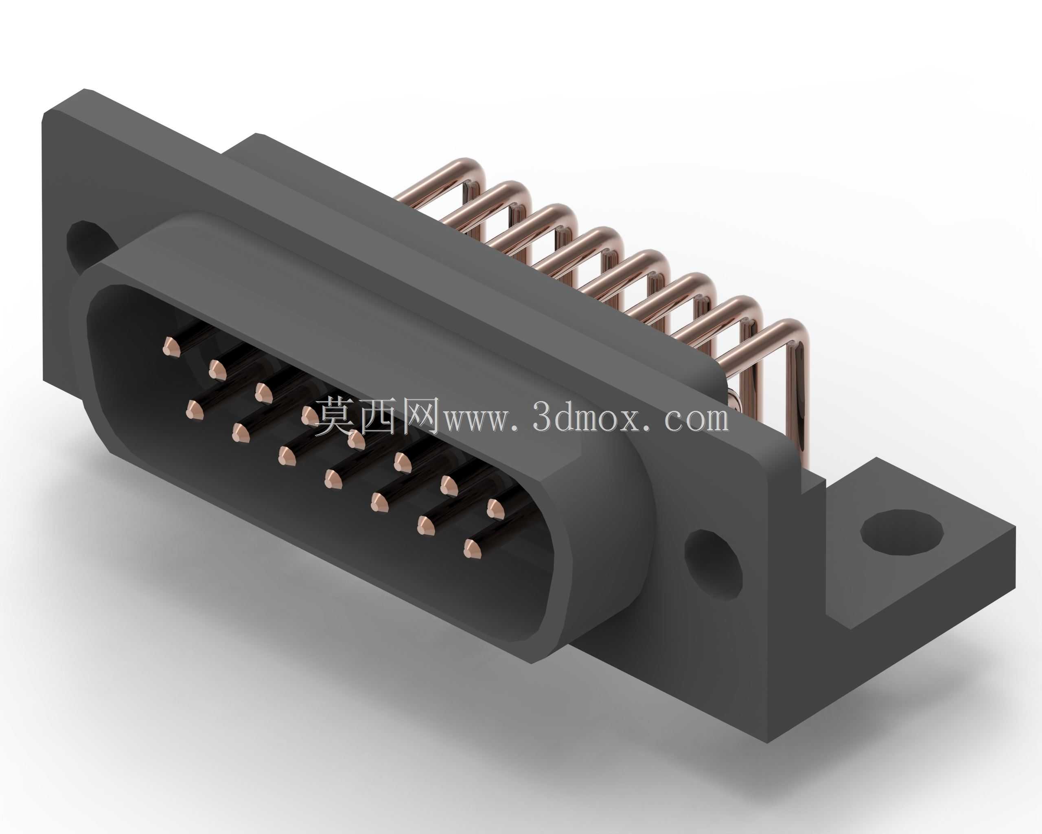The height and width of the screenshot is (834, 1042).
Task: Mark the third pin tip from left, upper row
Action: point(264,393)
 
